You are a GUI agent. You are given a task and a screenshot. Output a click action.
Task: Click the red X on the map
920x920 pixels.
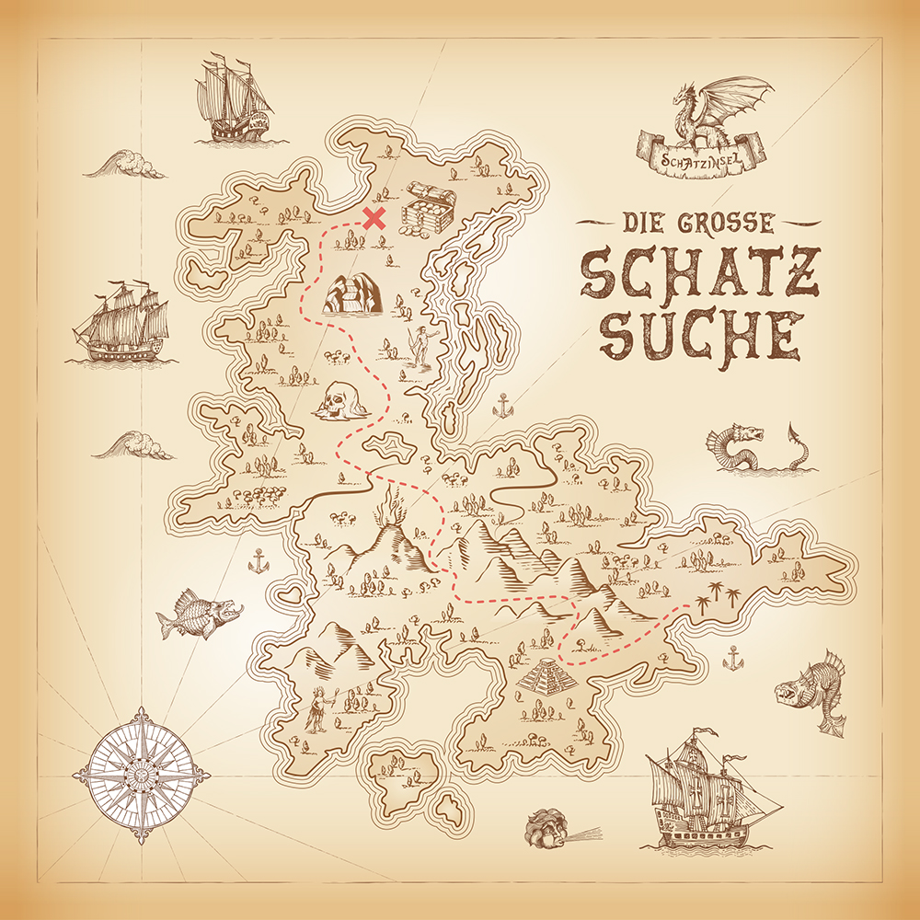tap(374, 218)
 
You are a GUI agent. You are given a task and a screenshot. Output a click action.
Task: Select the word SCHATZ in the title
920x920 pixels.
tap(699, 273)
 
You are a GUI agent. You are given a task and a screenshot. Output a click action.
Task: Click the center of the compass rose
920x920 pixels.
tap(141, 775)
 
